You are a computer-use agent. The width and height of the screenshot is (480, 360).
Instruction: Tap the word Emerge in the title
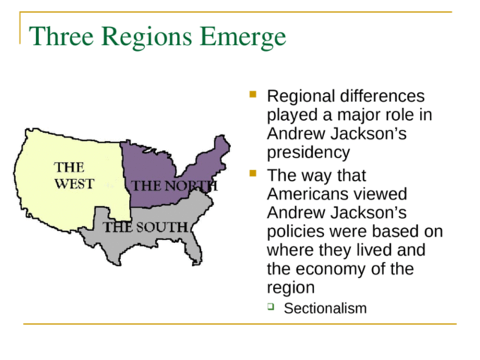[243, 37]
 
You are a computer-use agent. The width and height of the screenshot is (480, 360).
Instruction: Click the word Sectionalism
[325, 308]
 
